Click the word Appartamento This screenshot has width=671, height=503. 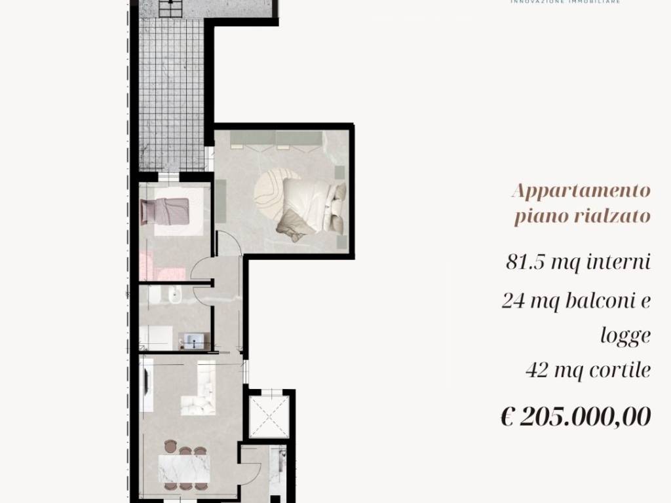(x=581, y=191)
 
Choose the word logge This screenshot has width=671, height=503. (x=625, y=335)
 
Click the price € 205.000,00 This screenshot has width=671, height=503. (x=575, y=416)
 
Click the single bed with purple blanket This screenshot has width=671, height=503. (x=165, y=212)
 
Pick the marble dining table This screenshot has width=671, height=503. (x=184, y=468)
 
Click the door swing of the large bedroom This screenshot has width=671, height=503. (x=228, y=244)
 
